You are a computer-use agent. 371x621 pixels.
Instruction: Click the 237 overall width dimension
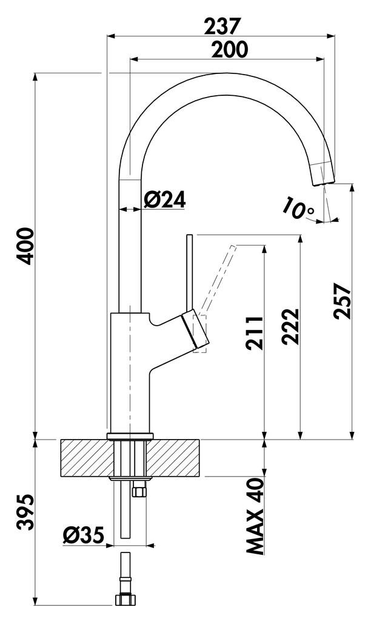point(222,25)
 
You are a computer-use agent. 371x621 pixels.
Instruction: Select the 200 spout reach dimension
point(229,50)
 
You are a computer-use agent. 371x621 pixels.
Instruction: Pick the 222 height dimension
point(291,326)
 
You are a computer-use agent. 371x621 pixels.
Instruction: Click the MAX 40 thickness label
point(256,516)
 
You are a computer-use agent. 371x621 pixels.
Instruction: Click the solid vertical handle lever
point(189,273)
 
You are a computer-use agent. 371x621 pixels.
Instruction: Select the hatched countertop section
point(85,458)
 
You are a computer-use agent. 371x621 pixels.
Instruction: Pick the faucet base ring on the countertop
point(129,436)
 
